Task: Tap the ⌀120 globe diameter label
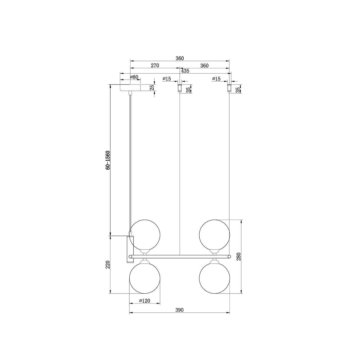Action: point(145,301)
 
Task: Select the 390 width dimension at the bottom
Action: point(179,310)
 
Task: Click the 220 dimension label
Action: point(108,265)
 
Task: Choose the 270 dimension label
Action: point(155,66)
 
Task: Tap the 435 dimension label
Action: point(185,71)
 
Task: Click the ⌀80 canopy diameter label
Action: point(134,77)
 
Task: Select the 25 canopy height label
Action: point(152,88)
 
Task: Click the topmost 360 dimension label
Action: point(180,58)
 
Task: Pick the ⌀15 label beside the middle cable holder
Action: point(167,79)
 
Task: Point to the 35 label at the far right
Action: point(238,90)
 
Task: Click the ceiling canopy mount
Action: point(130,88)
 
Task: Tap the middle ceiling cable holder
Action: point(180,88)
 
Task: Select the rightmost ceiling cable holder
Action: point(229,88)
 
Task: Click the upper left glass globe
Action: point(145,235)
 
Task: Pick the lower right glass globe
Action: point(214,278)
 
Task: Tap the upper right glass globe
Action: point(214,235)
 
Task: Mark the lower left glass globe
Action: point(145,278)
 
